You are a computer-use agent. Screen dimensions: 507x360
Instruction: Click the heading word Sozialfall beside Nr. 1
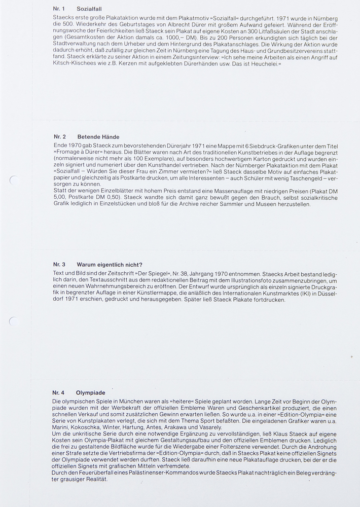(89, 9)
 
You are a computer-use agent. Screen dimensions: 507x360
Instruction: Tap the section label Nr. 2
(59, 137)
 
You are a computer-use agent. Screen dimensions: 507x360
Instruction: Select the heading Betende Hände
(98, 137)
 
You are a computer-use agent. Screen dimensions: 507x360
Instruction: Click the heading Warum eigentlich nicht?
(109, 265)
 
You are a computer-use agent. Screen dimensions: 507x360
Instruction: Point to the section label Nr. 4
(58, 392)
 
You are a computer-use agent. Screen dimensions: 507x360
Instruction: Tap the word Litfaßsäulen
(273, 31)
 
